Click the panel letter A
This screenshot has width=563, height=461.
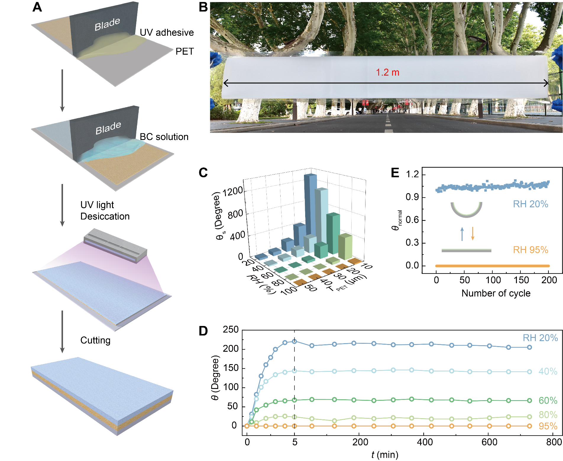pyautogui.click(x=37, y=7)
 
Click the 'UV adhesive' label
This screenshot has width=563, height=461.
pyautogui.click(x=166, y=32)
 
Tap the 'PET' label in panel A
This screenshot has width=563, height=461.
pyautogui.click(x=185, y=51)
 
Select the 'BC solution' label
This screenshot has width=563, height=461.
pyautogui.click(x=164, y=137)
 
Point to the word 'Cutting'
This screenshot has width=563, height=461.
pyautogui.click(x=95, y=340)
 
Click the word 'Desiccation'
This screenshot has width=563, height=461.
pyautogui.click(x=105, y=216)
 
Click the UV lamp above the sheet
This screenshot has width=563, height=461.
pyautogui.click(x=115, y=245)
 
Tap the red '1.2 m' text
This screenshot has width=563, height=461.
pyautogui.click(x=387, y=72)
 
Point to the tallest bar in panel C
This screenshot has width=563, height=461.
pyautogui.click(x=310, y=207)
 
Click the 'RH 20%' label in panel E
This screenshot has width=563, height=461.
pyautogui.click(x=530, y=204)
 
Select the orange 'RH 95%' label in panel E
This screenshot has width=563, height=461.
pyautogui.click(x=530, y=250)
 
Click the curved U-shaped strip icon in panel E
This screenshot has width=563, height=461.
pyautogui.click(x=466, y=210)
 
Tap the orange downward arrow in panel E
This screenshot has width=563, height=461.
pyautogui.click(x=473, y=233)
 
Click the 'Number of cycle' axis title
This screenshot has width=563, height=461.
pyautogui.click(x=496, y=293)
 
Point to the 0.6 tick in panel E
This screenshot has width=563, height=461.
pyautogui.click(x=412, y=220)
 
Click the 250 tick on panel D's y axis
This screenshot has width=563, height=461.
pyautogui.click(x=231, y=330)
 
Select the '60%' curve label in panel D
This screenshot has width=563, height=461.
pyautogui.click(x=548, y=400)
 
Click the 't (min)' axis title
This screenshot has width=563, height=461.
pyautogui.click(x=385, y=455)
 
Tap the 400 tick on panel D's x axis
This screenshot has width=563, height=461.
pyautogui.click(x=425, y=442)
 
